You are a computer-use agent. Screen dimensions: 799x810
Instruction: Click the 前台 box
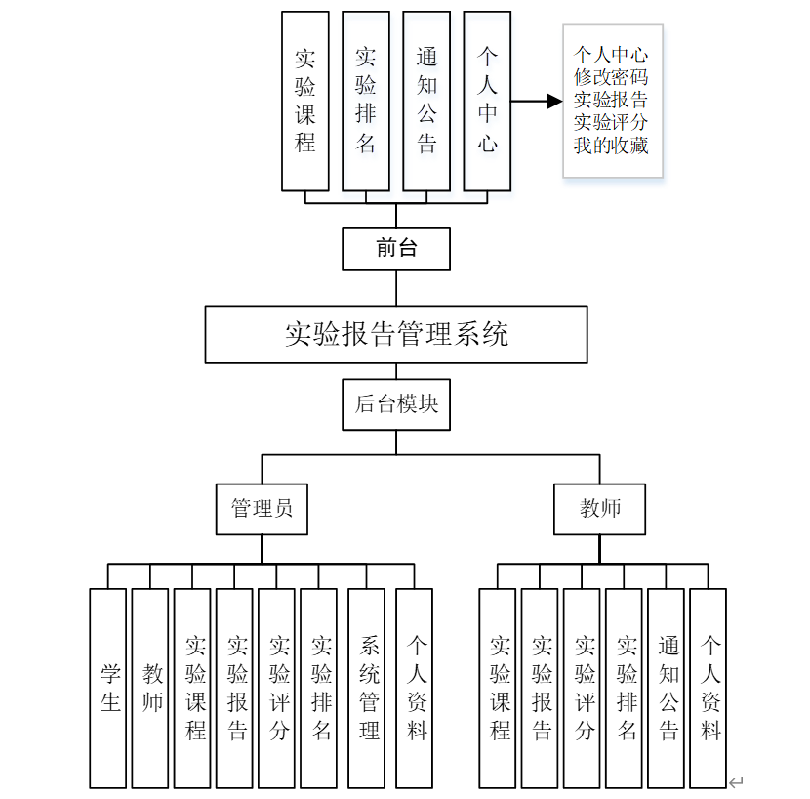pos(395,248)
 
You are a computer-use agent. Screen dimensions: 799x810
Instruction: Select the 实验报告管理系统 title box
pos(395,334)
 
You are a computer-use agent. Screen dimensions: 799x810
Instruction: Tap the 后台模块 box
pos(395,403)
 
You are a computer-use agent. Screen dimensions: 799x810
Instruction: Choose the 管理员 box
pos(262,508)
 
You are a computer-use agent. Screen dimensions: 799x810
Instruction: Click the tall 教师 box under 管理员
pos(150,688)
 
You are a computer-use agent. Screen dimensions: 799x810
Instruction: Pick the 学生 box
pos(108,688)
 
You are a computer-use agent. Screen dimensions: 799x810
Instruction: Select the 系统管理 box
pos(367,688)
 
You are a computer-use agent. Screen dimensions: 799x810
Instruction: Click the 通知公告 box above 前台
pos(426,101)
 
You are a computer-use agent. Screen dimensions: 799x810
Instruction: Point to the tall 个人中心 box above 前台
pos(487,101)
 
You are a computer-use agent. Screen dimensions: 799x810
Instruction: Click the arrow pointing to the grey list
pos(537,101)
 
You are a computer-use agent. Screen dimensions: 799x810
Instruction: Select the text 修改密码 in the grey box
pos(611,77)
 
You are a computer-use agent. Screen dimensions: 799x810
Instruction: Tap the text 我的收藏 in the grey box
pos(611,146)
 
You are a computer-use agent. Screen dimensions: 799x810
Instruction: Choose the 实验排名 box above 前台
pos(366,101)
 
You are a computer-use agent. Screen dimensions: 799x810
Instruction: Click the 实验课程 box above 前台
pos(305,101)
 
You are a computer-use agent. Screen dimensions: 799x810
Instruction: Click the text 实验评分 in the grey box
pos(611,123)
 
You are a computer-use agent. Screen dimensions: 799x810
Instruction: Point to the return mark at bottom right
pos(737,780)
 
